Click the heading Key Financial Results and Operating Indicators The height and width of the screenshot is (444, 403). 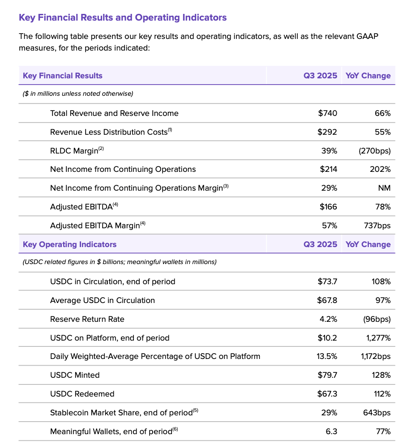(123, 18)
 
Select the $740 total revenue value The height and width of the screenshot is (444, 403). (328, 113)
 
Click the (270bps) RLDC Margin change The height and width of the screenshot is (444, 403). (374, 151)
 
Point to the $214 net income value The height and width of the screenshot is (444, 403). (328, 169)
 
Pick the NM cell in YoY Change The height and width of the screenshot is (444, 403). (384, 188)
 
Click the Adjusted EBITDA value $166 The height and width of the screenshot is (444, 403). (328, 207)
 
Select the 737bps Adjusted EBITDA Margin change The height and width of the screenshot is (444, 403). (377, 226)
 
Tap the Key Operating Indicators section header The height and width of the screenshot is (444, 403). (69, 244)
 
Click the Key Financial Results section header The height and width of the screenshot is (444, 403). (63, 76)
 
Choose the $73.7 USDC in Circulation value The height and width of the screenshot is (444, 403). (327, 282)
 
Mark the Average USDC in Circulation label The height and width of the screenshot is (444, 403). (103, 300)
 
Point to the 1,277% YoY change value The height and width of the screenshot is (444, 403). (378, 338)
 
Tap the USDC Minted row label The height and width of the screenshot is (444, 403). (75, 375)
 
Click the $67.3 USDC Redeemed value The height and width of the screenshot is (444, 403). (327, 394)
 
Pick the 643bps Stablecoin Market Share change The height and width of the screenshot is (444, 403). (377, 413)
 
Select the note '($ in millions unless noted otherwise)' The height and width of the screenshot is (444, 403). (78, 94)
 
